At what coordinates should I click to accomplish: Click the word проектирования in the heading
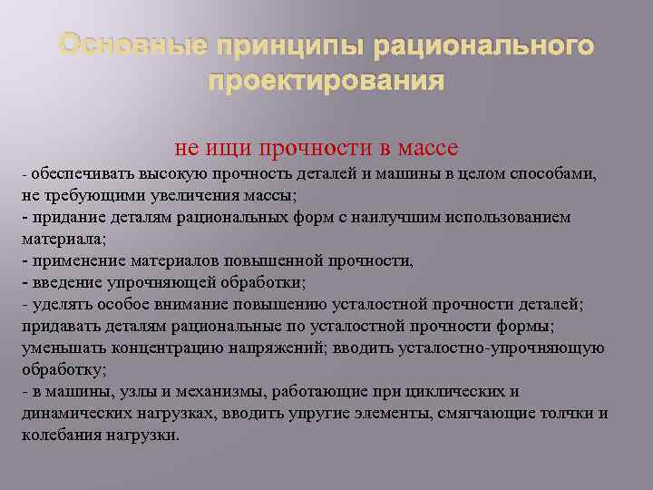[326, 82]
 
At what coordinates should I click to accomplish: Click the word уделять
[56, 304]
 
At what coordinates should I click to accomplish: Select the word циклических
[458, 391]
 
